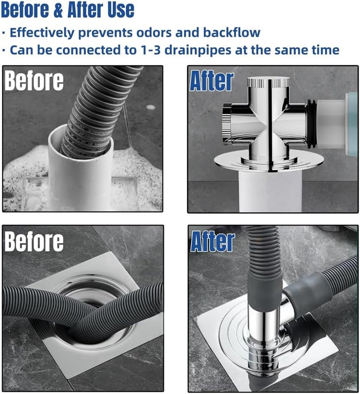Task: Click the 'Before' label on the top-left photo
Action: point(34,81)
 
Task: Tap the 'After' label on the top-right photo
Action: point(211,81)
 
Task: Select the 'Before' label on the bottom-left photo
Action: point(34,242)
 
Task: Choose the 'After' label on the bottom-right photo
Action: point(212,242)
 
